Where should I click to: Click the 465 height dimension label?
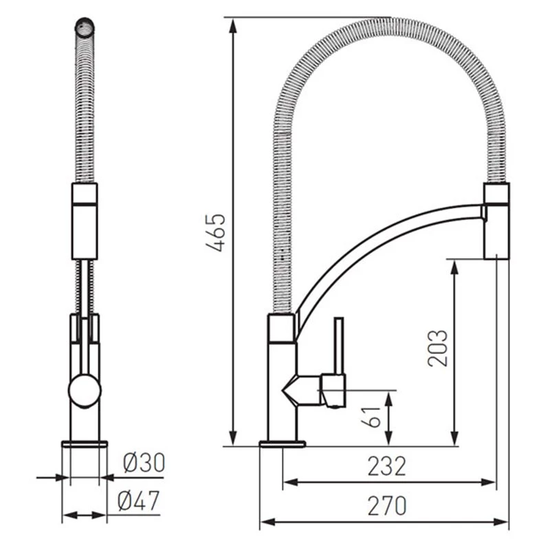[216, 232]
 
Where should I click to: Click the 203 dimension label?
[438, 348]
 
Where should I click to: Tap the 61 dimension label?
[371, 417]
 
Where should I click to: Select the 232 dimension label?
[386, 466]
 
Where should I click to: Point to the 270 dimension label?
[387, 506]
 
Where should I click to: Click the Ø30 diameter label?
[144, 463]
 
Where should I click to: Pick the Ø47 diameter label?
[139, 500]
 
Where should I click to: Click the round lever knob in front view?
[85, 390]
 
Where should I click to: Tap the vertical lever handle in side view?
[339, 346]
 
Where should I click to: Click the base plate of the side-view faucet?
[283, 443]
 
